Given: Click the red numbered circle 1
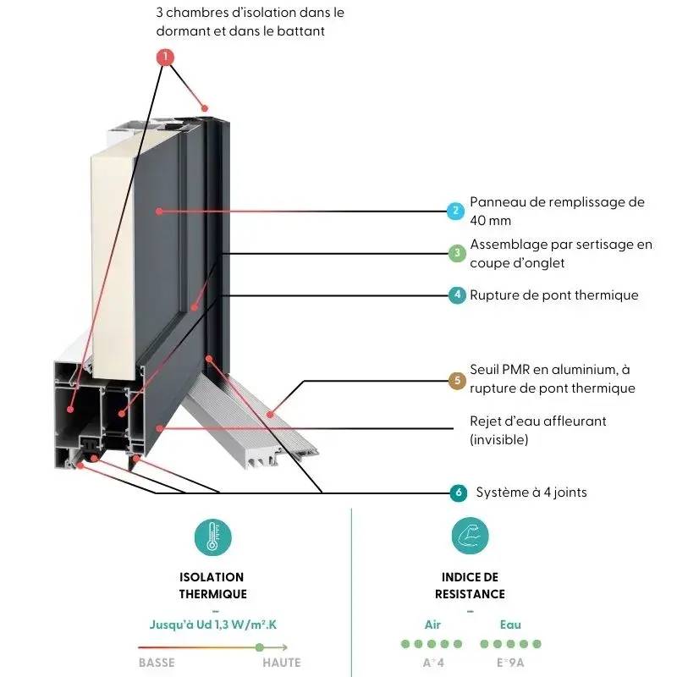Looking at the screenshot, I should point(165,58).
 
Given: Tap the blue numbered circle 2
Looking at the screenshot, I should point(456,211).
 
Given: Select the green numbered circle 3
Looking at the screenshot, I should point(456,253).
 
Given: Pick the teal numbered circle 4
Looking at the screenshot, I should point(456,295).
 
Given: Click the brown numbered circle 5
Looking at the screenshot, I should point(456,380).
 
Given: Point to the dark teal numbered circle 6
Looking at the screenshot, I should point(458,493).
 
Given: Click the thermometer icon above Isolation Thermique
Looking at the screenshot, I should point(212,537).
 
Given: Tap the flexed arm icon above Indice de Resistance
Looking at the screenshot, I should point(470,537).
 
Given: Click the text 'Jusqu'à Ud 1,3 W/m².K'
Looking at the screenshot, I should point(212,625).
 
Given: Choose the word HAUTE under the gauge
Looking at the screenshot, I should point(281,663).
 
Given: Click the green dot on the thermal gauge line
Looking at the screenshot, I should point(260,647).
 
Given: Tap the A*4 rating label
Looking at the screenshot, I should point(432,663).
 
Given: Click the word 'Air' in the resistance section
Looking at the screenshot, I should point(432,625).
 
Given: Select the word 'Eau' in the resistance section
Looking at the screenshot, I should point(509,625).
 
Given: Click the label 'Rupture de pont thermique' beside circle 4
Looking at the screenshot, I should point(554,295).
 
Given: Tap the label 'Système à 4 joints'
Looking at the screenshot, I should point(531,493).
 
